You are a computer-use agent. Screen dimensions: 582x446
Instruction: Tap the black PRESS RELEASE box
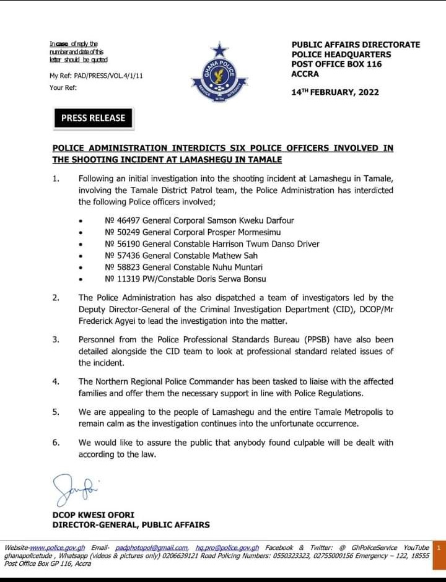[x=93, y=118]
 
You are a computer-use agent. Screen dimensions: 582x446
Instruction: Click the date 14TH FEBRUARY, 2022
[x=335, y=92]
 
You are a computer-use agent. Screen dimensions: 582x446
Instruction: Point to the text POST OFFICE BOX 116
[x=336, y=64]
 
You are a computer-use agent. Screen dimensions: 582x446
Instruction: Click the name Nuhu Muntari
[x=238, y=267]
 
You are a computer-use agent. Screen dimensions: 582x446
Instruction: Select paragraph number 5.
[x=55, y=412]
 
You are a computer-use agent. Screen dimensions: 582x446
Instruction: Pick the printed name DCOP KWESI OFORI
[x=93, y=515]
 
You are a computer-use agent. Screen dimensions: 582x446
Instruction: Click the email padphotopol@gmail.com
[x=152, y=548]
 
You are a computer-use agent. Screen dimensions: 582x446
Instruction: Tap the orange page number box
[x=439, y=548]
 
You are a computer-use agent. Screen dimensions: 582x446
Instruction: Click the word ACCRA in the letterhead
[x=305, y=74]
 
